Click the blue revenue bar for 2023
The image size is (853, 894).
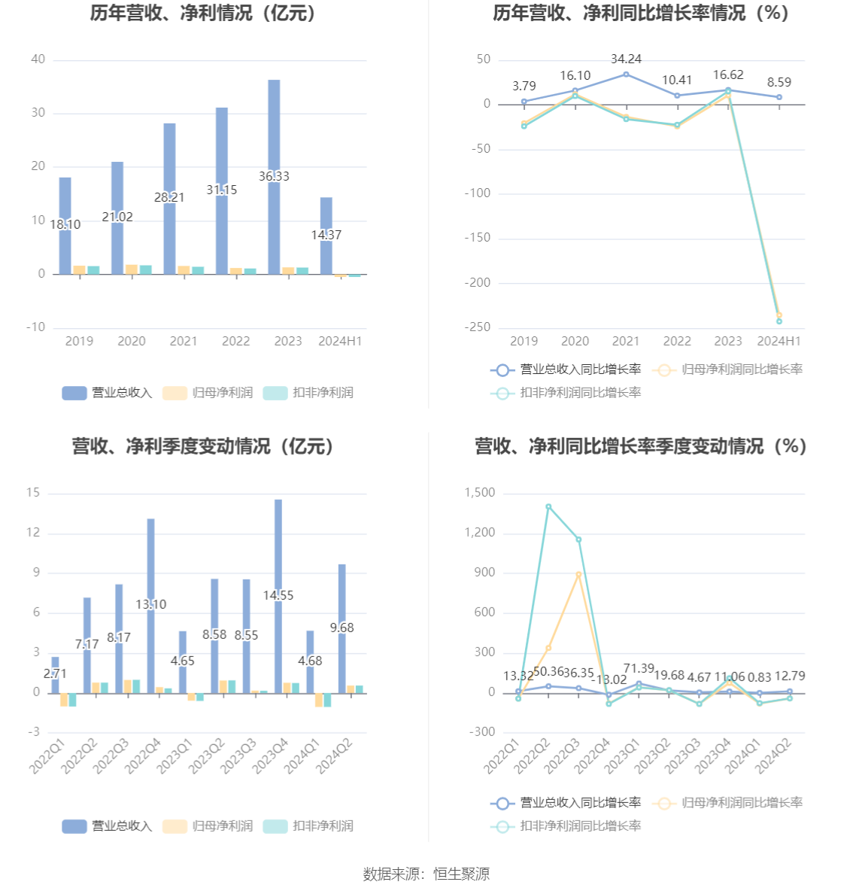(x=274, y=135)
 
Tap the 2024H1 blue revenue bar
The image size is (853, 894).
(x=326, y=218)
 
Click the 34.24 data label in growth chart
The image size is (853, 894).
(x=626, y=59)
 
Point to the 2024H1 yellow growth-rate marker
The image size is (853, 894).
(x=779, y=315)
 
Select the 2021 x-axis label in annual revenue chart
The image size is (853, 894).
(x=184, y=341)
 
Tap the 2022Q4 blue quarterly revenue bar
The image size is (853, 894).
(x=151, y=572)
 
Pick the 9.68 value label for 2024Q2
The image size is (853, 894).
(x=342, y=628)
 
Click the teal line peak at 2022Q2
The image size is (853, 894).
(x=548, y=506)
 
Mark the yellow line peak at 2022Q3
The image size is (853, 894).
(x=578, y=574)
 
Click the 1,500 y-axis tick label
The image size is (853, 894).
(x=480, y=493)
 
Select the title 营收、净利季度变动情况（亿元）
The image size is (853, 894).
(x=203, y=446)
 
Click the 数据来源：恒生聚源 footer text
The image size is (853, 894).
(x=426, y=874)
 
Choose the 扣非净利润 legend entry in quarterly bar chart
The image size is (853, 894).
(x=308, y=826)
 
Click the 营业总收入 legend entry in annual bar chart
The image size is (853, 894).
(x=108, y=392)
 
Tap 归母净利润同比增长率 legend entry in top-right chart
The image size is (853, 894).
(x=728, y=369)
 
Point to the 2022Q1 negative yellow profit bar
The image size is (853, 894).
(x=64, y=699)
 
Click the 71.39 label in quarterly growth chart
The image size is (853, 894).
(x=639, y=668)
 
